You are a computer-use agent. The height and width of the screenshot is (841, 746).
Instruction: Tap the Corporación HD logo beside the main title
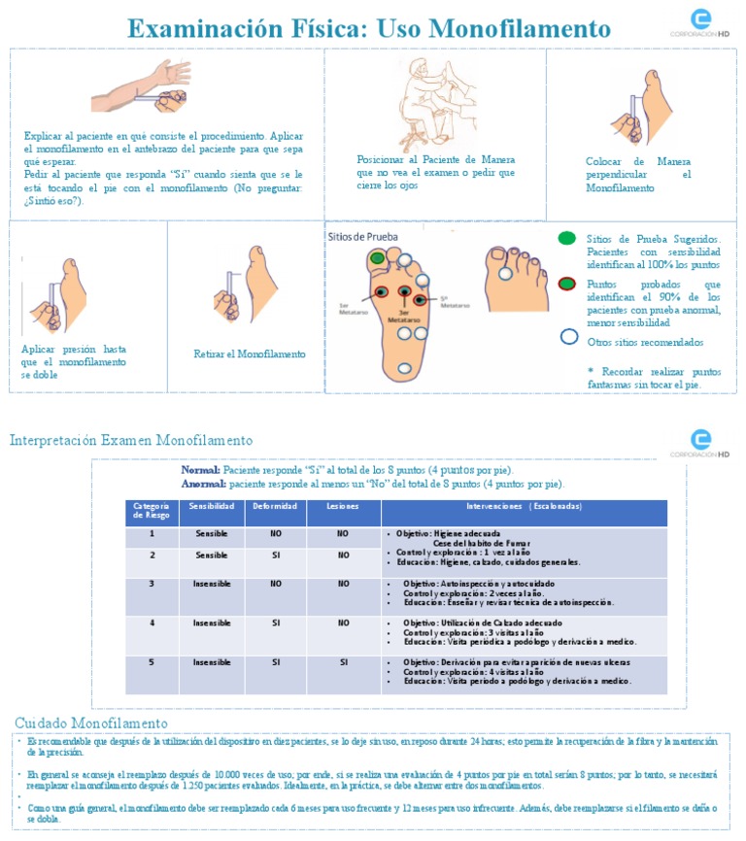(699, 22)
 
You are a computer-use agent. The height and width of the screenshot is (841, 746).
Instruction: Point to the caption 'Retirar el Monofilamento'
(250, 354)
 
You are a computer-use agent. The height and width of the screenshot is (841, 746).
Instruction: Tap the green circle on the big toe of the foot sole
(377, 258)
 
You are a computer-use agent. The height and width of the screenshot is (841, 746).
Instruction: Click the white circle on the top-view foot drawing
(505, 274)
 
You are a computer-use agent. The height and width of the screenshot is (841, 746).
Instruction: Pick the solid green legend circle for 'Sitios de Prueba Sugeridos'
(567, 238)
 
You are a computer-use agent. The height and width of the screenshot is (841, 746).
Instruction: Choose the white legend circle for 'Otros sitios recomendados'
(569, 339)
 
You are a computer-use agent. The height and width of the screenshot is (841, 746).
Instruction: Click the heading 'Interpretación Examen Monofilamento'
(131, 441)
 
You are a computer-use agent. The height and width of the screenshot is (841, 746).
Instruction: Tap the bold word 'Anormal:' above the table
(200, 484)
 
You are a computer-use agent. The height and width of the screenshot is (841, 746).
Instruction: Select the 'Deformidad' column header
(276, 507)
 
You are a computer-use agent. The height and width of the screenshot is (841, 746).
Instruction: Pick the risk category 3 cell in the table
(152, 584)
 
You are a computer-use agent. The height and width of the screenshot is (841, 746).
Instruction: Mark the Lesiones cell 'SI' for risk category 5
(343, 662)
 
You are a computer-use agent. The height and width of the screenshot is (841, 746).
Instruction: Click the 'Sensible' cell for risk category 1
(211, 534)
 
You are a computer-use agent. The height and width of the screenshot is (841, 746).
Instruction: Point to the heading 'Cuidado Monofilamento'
(91, 723)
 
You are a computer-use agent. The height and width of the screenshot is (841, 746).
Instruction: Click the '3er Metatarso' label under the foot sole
(401, 315)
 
